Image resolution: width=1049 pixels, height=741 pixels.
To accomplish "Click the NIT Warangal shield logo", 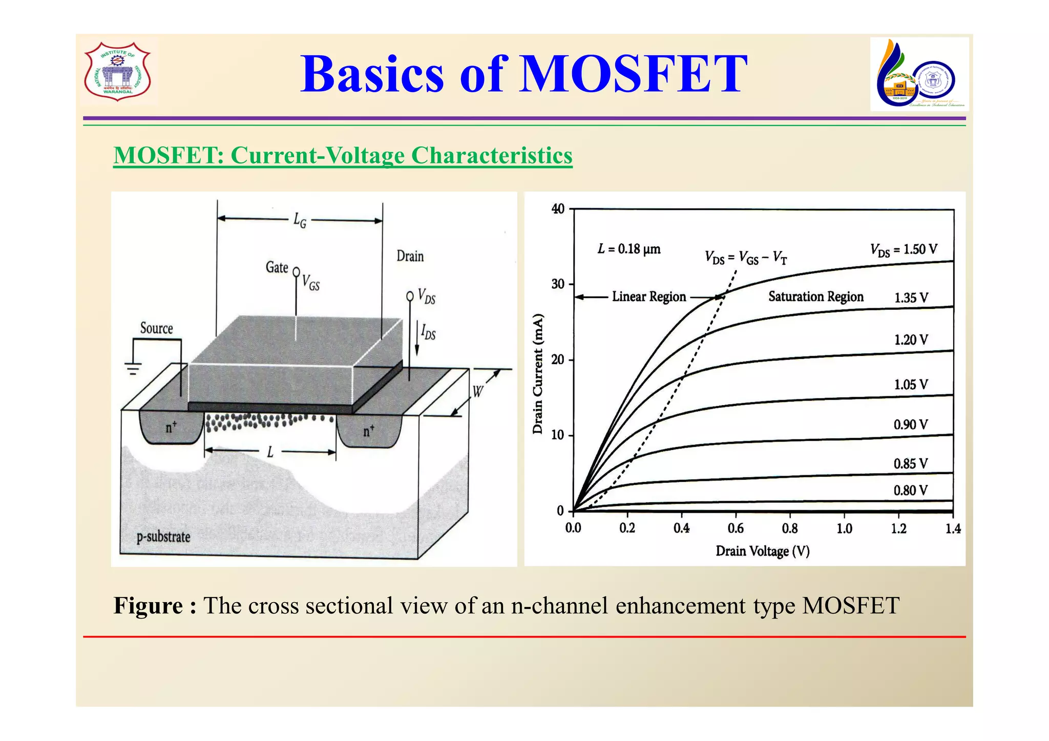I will point(117,71).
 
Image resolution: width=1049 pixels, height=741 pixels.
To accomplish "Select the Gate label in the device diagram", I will point(277,267).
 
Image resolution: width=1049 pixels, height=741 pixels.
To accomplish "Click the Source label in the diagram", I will point(156,328).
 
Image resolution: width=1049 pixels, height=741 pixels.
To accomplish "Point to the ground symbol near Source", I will point(133,368).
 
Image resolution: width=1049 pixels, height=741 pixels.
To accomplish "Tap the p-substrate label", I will point(163,537).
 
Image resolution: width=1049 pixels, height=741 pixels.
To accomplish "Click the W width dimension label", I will point(477,392).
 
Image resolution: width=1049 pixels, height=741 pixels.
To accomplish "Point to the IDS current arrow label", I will point(428,333).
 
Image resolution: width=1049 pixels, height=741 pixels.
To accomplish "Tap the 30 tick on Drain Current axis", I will point(558,284).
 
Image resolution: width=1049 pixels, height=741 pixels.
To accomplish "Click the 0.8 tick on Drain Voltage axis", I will point(789,528).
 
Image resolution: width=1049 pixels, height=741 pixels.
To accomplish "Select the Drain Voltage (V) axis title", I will point(762,552).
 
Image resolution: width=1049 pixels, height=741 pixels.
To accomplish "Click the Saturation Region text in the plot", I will point(815,297).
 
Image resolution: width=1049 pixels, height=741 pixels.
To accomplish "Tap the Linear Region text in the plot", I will point(648,297).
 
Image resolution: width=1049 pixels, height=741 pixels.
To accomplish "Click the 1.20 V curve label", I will point(911,340).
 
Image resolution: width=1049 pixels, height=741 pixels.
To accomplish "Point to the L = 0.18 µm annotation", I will point(629,249).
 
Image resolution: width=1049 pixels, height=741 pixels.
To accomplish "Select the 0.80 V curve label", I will point(910,491).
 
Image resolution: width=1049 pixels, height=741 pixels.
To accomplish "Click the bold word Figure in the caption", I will point(148,606).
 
